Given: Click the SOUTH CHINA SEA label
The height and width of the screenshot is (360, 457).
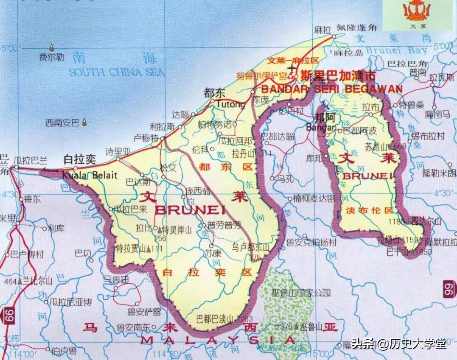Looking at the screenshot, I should click(117, 73).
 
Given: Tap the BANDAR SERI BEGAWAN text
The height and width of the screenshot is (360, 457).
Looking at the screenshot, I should click(331, 89).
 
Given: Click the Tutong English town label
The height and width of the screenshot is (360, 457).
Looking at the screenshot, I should click(230, 104).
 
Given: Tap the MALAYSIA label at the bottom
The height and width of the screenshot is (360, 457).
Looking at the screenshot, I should click(218, 340).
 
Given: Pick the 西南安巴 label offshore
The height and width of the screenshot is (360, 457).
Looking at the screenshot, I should click(62, 123).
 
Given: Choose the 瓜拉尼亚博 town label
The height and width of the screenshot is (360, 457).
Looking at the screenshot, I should click(70, 302).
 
